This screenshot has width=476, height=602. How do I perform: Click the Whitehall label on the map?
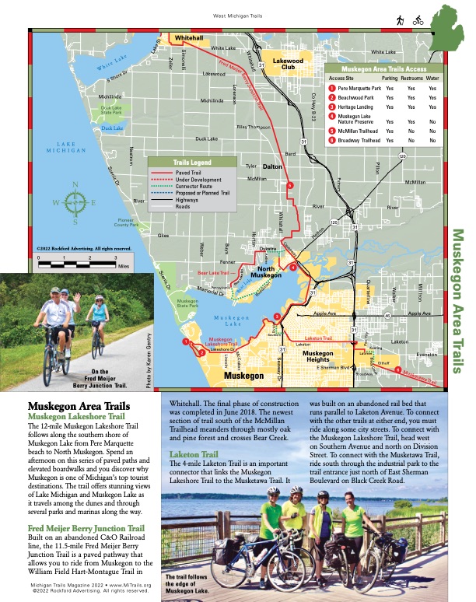click(x=188, y=37)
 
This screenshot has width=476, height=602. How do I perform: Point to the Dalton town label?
click(x=271, y=166)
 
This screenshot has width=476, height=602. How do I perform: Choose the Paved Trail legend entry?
click(x=197, y=173)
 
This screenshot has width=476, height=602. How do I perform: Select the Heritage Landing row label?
click(x=359, y=107)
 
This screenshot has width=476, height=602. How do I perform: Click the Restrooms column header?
click(x=411, y=79)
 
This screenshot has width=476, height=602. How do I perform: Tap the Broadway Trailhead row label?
click(x=359, y=141)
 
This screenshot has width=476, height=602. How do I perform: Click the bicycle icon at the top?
click(x=418, y=20)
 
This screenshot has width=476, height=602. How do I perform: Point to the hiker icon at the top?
click(x=400, y=20)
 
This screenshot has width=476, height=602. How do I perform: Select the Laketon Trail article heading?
click(x=194, y=475)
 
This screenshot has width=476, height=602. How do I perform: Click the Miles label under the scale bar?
click(x=123, y=265)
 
